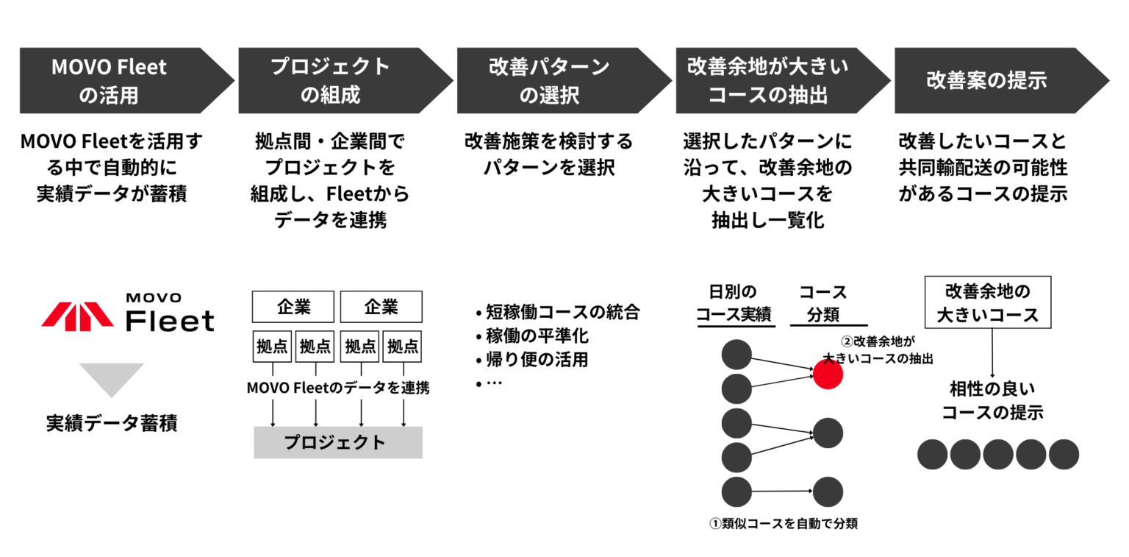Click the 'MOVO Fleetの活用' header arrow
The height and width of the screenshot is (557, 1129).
coord(118,80)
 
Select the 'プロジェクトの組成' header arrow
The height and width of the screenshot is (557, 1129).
coord(336,80)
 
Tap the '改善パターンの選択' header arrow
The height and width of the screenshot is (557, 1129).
coord(554,80)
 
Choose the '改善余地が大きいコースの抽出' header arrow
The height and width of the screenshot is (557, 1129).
coord(773,80)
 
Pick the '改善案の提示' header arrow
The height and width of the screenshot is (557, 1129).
coord(992,80)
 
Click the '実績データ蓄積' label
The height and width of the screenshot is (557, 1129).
coord(112,424)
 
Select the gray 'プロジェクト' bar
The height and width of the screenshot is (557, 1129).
coord(337,442)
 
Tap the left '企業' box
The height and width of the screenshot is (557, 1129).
coord(293,306)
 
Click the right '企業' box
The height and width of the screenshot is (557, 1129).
coord(381,306)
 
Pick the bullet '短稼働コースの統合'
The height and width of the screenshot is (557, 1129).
coord(558,312)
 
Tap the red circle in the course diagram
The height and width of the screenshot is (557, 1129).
coord(828,375)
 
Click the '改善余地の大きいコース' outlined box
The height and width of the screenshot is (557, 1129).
coord(988,302)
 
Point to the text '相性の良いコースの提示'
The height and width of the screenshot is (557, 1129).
coord(992,400)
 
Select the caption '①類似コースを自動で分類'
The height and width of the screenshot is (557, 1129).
coord(784,524)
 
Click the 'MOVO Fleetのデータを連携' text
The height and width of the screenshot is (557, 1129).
coord(338,388)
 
